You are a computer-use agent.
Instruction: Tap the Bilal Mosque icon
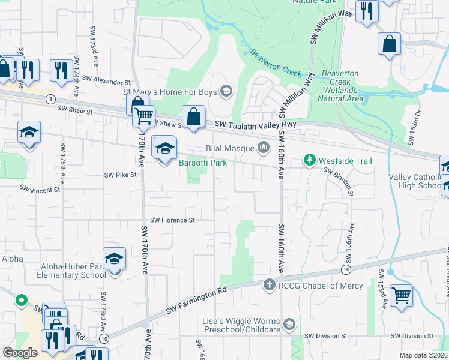[x=264, y=148]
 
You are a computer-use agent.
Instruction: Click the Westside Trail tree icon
[x=309, y=160]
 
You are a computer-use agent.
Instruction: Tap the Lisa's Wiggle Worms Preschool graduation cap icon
[x=289, y=325]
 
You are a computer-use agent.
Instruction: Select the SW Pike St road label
[x=121, y=175]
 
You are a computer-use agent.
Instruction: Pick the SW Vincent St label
[x=40, y=189]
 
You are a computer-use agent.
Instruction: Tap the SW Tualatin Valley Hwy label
[x=255, y=125]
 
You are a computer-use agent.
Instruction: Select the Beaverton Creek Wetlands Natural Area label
[x=340, y=85]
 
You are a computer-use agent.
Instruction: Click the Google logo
[x=20, y=353]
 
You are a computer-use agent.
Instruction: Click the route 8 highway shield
[x=52, y=98]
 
